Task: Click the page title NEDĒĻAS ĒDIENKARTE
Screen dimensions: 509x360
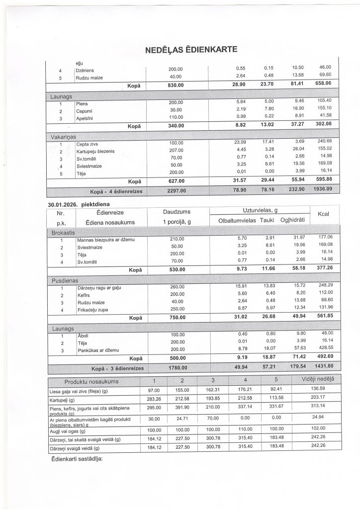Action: (x=190, y=50)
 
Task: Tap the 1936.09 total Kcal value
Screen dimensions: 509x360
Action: (x=322, y=189)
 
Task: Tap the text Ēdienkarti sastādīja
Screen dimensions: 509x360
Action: (x=77, y=458)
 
